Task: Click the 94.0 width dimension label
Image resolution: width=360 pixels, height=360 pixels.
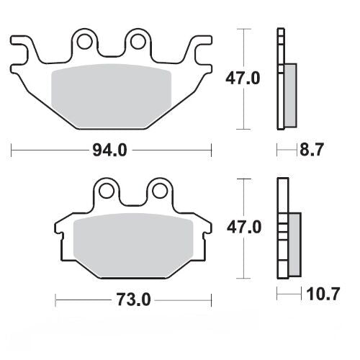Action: click(x=112, y=150)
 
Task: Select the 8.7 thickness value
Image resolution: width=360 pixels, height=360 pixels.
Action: click(x=312, y=150)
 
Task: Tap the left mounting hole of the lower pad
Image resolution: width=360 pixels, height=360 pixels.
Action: click(x=107, y=192)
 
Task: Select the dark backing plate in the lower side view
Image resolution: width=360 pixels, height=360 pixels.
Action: click(x=282, y=230)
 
